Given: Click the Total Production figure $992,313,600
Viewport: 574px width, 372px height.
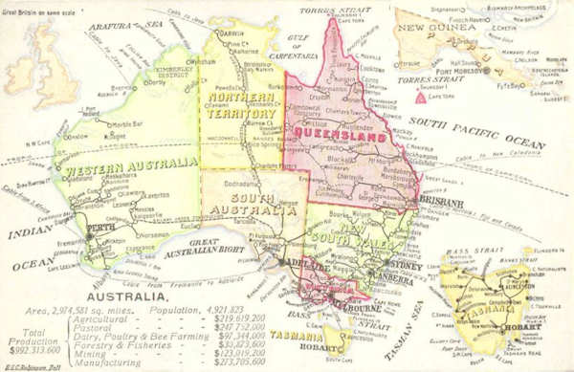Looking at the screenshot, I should [x=32, y=350].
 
